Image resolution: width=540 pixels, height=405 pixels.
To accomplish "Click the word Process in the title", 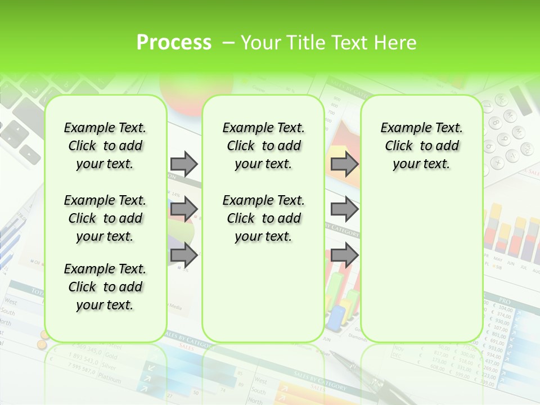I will point(174,43).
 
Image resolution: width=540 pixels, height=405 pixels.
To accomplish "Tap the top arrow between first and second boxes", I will point(184,164).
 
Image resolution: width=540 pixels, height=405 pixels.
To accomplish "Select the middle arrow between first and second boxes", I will point(184,209).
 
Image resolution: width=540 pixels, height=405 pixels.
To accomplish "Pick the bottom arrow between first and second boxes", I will point(184,255).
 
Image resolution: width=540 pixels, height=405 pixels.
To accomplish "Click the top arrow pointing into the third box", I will point(344,164).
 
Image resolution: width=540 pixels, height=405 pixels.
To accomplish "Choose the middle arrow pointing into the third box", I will point(344,209).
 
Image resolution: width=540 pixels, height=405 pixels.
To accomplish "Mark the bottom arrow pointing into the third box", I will point(344,255).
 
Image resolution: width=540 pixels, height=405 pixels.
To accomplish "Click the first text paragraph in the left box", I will point(105,146).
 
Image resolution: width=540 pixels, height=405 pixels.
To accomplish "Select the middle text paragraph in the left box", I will point(105,218).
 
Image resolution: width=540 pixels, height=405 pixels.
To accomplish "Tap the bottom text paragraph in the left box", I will point(105,287).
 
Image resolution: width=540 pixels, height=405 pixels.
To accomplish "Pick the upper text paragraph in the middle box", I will point(263,146).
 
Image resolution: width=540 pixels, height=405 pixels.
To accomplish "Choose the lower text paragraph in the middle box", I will point(263,218).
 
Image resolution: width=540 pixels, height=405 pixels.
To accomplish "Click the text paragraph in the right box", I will point(421,146).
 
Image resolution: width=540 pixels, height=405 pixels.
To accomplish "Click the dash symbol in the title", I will point(228,43).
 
